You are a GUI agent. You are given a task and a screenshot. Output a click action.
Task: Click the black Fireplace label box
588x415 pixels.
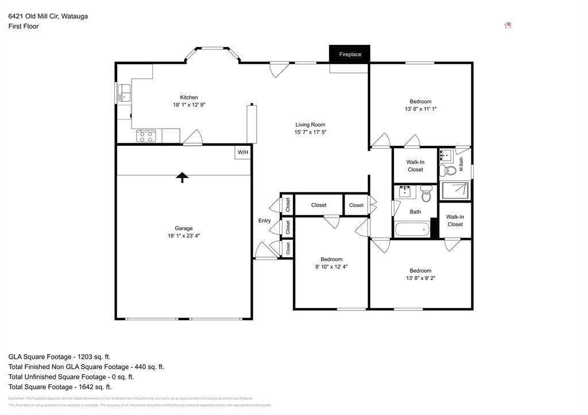350,55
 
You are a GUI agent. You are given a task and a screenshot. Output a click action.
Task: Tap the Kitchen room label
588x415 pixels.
189,98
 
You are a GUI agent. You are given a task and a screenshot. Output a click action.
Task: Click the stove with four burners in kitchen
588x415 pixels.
146,136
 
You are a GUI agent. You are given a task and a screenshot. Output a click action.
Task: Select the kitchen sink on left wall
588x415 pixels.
123,92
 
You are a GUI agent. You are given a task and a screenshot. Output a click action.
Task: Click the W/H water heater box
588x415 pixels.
243,152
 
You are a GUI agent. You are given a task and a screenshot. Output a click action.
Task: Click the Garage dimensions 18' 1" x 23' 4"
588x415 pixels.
184,235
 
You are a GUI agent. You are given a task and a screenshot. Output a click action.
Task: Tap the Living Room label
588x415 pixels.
310,125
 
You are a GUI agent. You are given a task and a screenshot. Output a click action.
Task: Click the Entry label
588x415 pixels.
264,220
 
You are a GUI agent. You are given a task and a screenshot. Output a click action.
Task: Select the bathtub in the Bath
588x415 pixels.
412,230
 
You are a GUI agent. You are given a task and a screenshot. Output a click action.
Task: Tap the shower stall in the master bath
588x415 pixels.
454,191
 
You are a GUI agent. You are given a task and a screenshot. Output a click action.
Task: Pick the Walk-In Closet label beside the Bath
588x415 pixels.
455,220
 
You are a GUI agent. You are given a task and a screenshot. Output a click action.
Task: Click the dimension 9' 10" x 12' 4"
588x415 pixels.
331,266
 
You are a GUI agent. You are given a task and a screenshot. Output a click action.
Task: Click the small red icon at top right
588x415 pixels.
508,25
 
